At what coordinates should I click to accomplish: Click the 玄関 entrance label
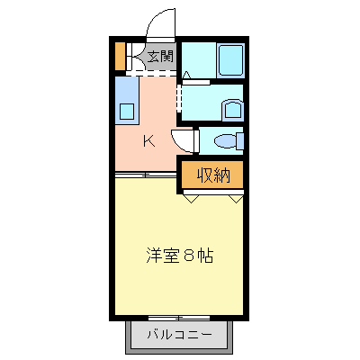point(161,58)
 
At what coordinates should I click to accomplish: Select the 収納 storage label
point(214,175)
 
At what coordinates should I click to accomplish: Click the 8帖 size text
point(199,255)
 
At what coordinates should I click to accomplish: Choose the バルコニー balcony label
point(181,336)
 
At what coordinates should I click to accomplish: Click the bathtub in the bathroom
point(230,59)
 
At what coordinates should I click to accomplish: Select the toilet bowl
point(229,141)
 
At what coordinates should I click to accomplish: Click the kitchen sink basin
point(126,112)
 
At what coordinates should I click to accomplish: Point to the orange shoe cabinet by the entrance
point(120,57)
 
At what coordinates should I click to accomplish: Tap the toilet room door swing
point(185,140)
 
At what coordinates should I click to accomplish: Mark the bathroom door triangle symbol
point(186,73)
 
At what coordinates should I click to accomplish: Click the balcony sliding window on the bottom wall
point(179,317)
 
